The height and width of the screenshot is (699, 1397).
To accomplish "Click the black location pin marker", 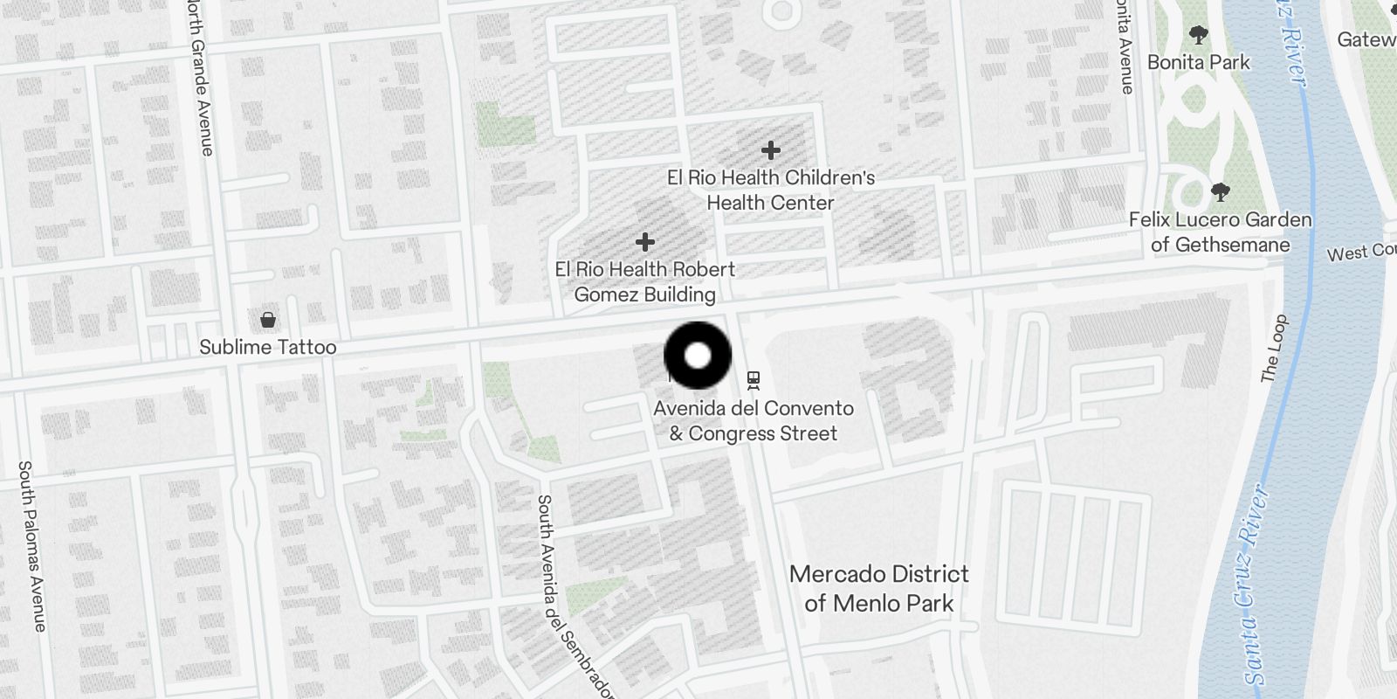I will tap(698, 356).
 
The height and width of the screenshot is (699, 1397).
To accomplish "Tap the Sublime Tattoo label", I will tap(267, 347).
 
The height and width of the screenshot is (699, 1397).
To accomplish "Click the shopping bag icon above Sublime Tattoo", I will tap(268, 320).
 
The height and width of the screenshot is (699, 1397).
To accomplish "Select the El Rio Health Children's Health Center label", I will tap(771, 190).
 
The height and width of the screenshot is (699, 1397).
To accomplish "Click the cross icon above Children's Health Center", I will tap(770, 150).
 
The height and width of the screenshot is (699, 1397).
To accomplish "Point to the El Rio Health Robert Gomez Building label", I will tap(645, 281).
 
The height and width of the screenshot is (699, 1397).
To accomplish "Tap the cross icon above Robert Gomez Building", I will tap(645, 241).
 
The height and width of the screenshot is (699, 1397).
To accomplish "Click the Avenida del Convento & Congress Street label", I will tap(754, 420).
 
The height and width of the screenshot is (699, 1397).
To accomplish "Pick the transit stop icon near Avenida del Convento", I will tap(754, 380).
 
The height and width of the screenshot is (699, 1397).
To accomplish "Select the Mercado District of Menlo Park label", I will tap(879, 588).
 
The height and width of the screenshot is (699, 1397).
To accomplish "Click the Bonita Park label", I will tap(1198, 62).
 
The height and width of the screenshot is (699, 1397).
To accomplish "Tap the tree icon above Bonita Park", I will tap(1199, 36).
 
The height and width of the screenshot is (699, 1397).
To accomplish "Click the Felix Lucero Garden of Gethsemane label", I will tap(1220, 232).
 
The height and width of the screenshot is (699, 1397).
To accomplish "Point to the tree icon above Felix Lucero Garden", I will tap(1220, 192).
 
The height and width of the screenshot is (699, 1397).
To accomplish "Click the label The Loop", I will tap(1274, 348).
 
